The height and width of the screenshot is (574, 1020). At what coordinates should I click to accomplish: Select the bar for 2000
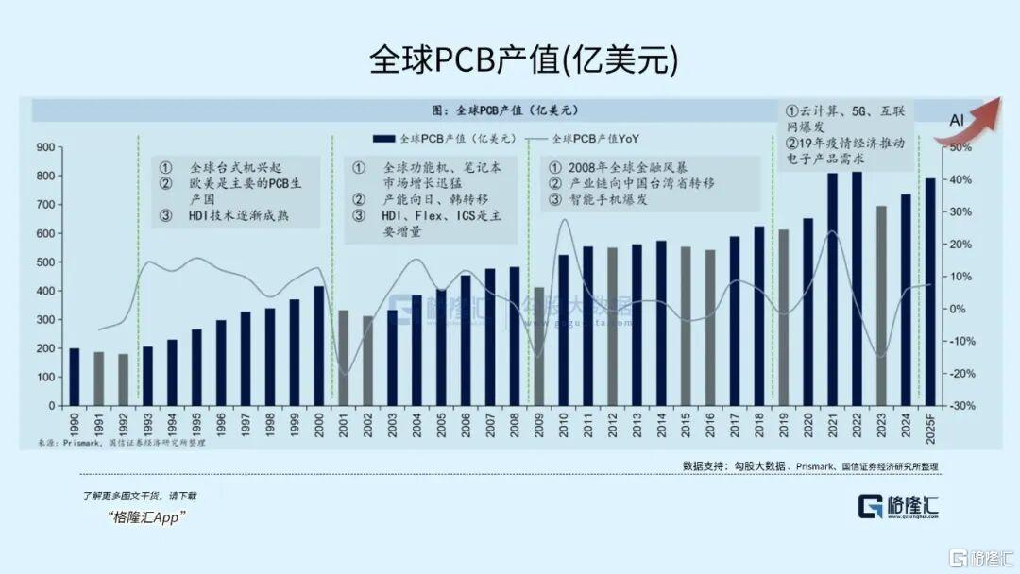coord(318,346)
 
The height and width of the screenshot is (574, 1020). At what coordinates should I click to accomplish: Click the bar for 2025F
coord(929,292)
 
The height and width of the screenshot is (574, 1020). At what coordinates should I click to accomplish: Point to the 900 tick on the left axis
coord(45,147)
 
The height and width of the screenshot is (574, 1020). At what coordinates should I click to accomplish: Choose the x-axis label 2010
coord(564,422)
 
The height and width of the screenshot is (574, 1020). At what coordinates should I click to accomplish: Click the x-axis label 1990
coord(75,422)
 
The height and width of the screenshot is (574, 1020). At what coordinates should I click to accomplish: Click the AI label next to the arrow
coord(956,120)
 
